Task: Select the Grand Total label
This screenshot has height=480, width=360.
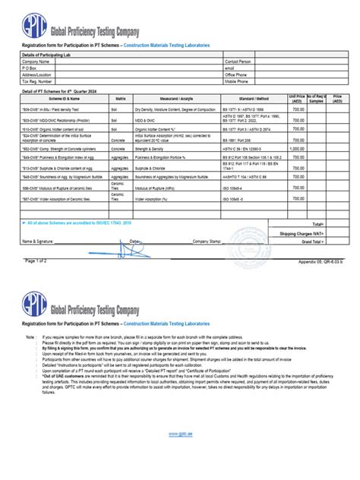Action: [x=314, y=242]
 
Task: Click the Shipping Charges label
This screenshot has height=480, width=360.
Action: [x=303, y=233]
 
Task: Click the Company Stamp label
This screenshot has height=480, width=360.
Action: [x=205, y=242]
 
